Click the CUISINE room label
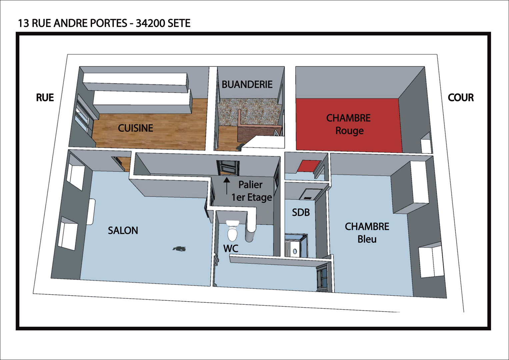(135, 128)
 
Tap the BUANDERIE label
(247, 85)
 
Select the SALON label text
(123, 230)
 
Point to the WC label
(231, 248)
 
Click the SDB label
(301, 213)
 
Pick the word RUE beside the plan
(45, 97)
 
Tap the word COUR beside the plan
(461, 97)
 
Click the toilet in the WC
(232, 230)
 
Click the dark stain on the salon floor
(180, 249)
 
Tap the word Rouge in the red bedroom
(349, 131)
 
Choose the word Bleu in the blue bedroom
(367, 239)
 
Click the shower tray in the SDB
(296, 245)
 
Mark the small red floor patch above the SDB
(309, 166)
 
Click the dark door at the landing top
(228, 168)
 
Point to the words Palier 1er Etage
(252, 191)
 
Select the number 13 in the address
(23, 23)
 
